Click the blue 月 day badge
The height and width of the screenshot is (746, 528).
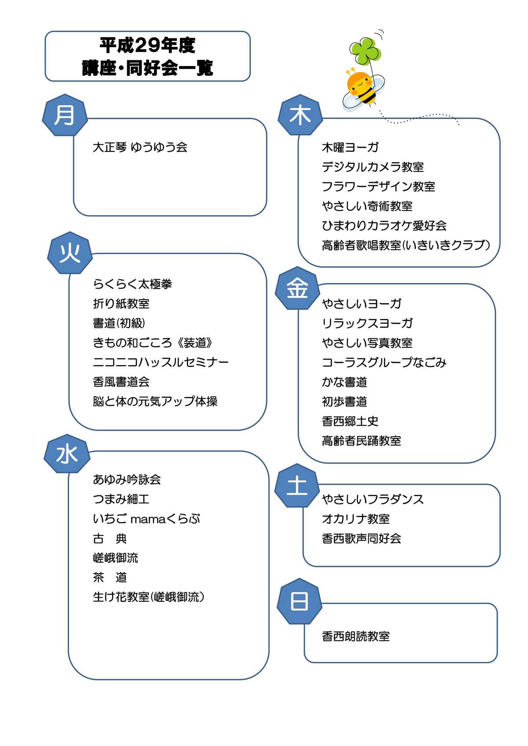click(x=65, y=115)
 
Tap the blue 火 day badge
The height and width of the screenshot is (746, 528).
click(x=70, y=253)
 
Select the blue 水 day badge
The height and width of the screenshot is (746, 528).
click(x=67, y=453)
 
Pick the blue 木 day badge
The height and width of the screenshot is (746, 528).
click(x=300, y=115)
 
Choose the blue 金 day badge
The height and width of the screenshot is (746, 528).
click(x=297, y=288)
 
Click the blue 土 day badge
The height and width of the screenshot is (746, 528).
click(x=297, y=485)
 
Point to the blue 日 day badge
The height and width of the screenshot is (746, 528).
click(x=299, y=601)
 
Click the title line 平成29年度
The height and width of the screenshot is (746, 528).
click(x=147, y=45)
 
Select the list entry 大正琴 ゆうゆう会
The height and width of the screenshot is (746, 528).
click(x=140, y=147)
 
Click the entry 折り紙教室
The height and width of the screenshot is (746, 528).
click(x=121, y=304)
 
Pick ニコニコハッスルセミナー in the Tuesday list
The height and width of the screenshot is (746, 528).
click(x=161, y=362)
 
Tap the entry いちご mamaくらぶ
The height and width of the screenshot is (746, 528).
click(x=146, y=519)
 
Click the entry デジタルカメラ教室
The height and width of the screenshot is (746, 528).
click(x=372, y=167)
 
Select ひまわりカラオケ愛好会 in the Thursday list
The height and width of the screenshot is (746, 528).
click(x=384, y=226)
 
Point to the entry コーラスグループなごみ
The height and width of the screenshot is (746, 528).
click(x=384, y=362)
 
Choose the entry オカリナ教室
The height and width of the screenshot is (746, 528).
click(x=356, y=519)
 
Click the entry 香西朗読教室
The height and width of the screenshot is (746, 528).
click(x=356, y=636)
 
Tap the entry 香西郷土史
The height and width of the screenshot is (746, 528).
click(x=350, y=421)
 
